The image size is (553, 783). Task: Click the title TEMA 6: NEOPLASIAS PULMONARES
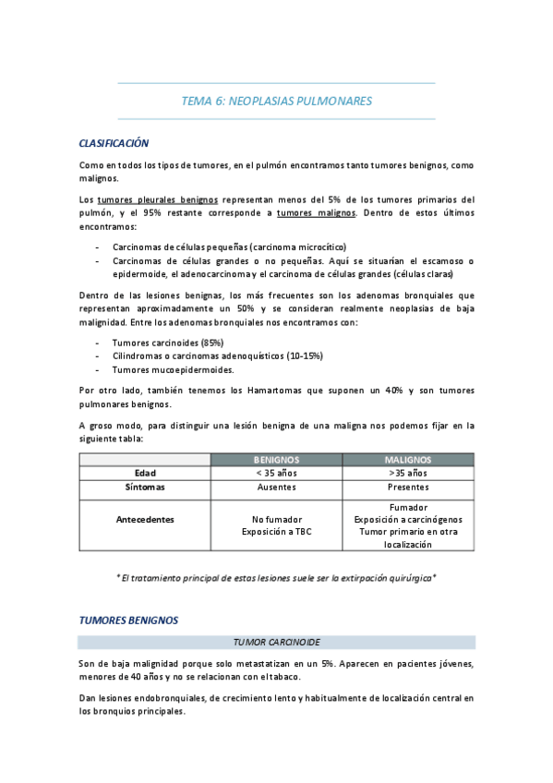pos(276,102)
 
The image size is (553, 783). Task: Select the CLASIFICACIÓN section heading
pos(114,144)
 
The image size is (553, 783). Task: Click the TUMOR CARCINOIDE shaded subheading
pos(276,642)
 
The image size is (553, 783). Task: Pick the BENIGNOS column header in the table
pos(276,460)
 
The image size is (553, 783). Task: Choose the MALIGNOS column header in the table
pos(408,460)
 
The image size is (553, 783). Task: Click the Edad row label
pos(144,473)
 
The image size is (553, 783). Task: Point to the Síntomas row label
pos(144,486)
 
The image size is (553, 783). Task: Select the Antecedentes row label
pos(144,519)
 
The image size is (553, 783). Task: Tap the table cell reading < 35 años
pos(276,473)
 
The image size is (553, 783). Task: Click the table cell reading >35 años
pos(408,473)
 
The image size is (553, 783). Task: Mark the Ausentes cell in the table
pos(276,486)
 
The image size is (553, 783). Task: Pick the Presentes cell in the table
pos(408,486)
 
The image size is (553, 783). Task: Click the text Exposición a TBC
pos(276,532)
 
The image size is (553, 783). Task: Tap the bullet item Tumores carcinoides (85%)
pos(168,343)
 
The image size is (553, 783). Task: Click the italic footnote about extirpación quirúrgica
pos(276,577)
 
